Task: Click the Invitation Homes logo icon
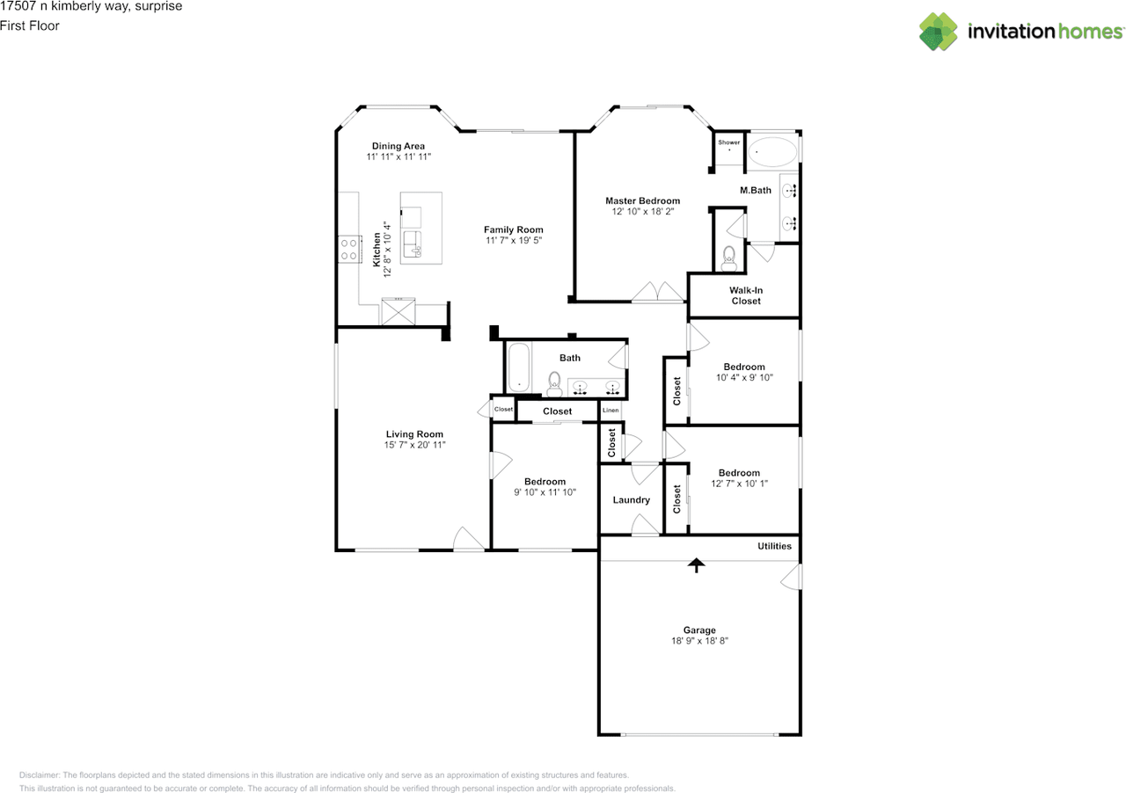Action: [x=938, y=32]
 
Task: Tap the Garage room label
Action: [x=699, y=629]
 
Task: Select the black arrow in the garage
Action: [x=696, y=565]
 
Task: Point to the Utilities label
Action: [x=774, y=546]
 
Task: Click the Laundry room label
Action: [x=631, y=499]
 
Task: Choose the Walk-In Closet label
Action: [x=746, y=295]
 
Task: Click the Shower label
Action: [x=729, y=142]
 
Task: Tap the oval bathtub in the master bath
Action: [x=772, y=151]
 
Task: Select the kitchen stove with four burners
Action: [x=349, y=250]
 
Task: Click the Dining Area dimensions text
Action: [x=398, y=156]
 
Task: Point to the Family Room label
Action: [x=513, y=229]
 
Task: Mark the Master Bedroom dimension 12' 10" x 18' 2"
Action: [x=642, y=212]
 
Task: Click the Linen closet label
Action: [x=611, y=410]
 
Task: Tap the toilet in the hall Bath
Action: [x=554, y=384]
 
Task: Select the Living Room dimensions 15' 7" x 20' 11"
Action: [x=414, y=445]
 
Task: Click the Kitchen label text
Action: [x=377, y=250]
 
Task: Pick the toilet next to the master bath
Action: [x=728, y=258]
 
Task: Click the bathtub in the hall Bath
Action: [x=519, y=367]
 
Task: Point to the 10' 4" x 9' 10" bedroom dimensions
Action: [x=744, y=377]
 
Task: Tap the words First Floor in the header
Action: [x=30, y=25]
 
